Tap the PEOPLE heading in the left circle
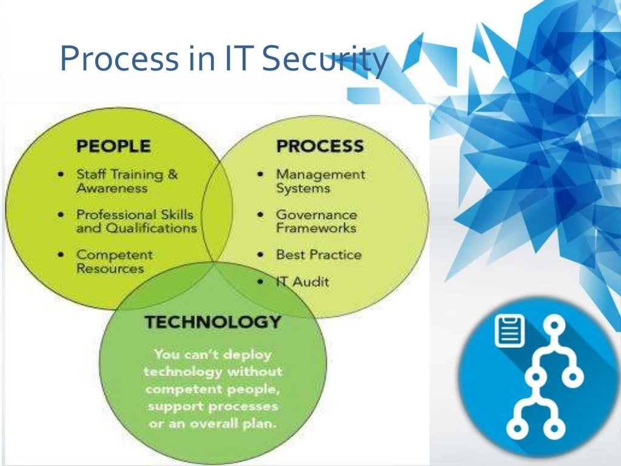[x=113, y=146]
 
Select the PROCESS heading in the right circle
[x=320, y=146]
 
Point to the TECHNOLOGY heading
[x=213, y=322]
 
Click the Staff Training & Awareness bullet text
[x=127, y=181]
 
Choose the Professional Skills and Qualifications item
[x=136, y=221]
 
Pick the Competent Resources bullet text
[x=114, y=262]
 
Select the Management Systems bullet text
[x=320, y=181]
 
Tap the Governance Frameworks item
[x=317, y=221]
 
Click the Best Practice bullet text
[x=318, y=255]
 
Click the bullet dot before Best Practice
[x=260, y=255]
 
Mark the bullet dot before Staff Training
[x=62, y=175]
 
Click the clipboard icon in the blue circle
[x=509, y=331]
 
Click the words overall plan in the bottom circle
[x=240, y=424]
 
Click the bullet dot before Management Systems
[x=260, y=175]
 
